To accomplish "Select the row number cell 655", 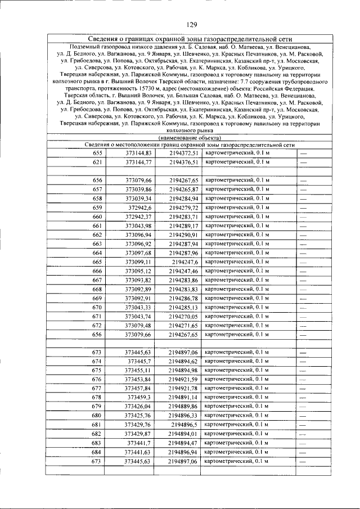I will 97,153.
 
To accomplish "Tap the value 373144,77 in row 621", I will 138,162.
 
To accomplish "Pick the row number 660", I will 97,217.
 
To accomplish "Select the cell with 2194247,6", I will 185,262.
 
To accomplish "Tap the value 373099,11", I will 138,262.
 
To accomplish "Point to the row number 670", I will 97,308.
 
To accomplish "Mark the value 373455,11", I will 138,371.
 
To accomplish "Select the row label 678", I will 97,398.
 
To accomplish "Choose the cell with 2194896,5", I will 185,425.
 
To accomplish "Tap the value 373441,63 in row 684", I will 138,452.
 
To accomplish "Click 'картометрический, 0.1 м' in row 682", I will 237,434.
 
